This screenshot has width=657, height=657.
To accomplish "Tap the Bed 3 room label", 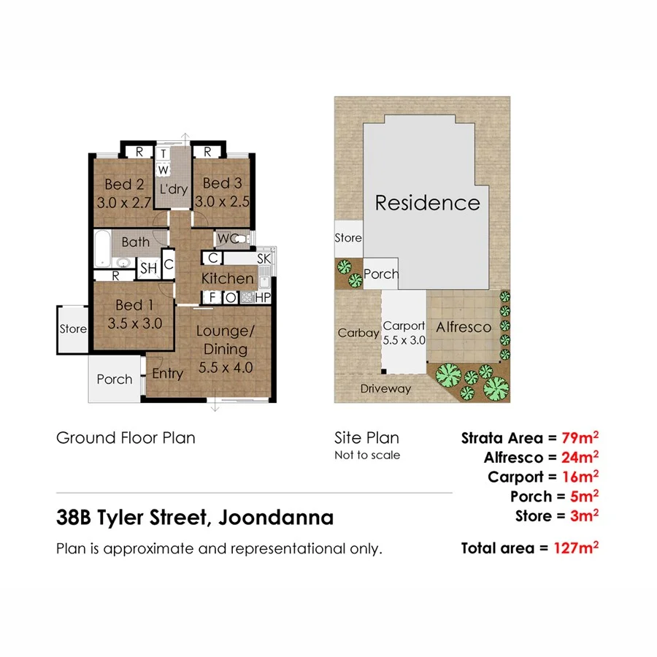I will click(x=222, y=183).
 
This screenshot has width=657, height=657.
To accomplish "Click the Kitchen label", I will click(x=227, y=278).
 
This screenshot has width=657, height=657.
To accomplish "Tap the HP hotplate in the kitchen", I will click(x=263, y=297).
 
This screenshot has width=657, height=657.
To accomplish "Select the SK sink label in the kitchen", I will click(x=264, y=258).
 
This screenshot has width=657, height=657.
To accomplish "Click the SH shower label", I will click(x=149, y=268).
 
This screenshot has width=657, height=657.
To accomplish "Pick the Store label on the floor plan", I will click(x=73, y=329).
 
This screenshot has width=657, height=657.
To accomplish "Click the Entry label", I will click(x=167, y=374).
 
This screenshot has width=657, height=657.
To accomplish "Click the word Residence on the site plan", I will click(x=427, y=202).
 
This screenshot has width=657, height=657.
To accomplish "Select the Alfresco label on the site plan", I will click(x=464, y=328).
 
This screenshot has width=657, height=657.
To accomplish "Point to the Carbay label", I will click(x=358, y=333).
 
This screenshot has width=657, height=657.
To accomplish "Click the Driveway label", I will click(x=385, y=389).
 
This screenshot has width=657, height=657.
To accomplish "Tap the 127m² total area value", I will click(x=575, y=547).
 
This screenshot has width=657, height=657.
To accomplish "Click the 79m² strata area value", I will click(x=580, y=438).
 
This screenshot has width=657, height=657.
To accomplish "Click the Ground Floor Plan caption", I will click(x=126, y=438).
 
